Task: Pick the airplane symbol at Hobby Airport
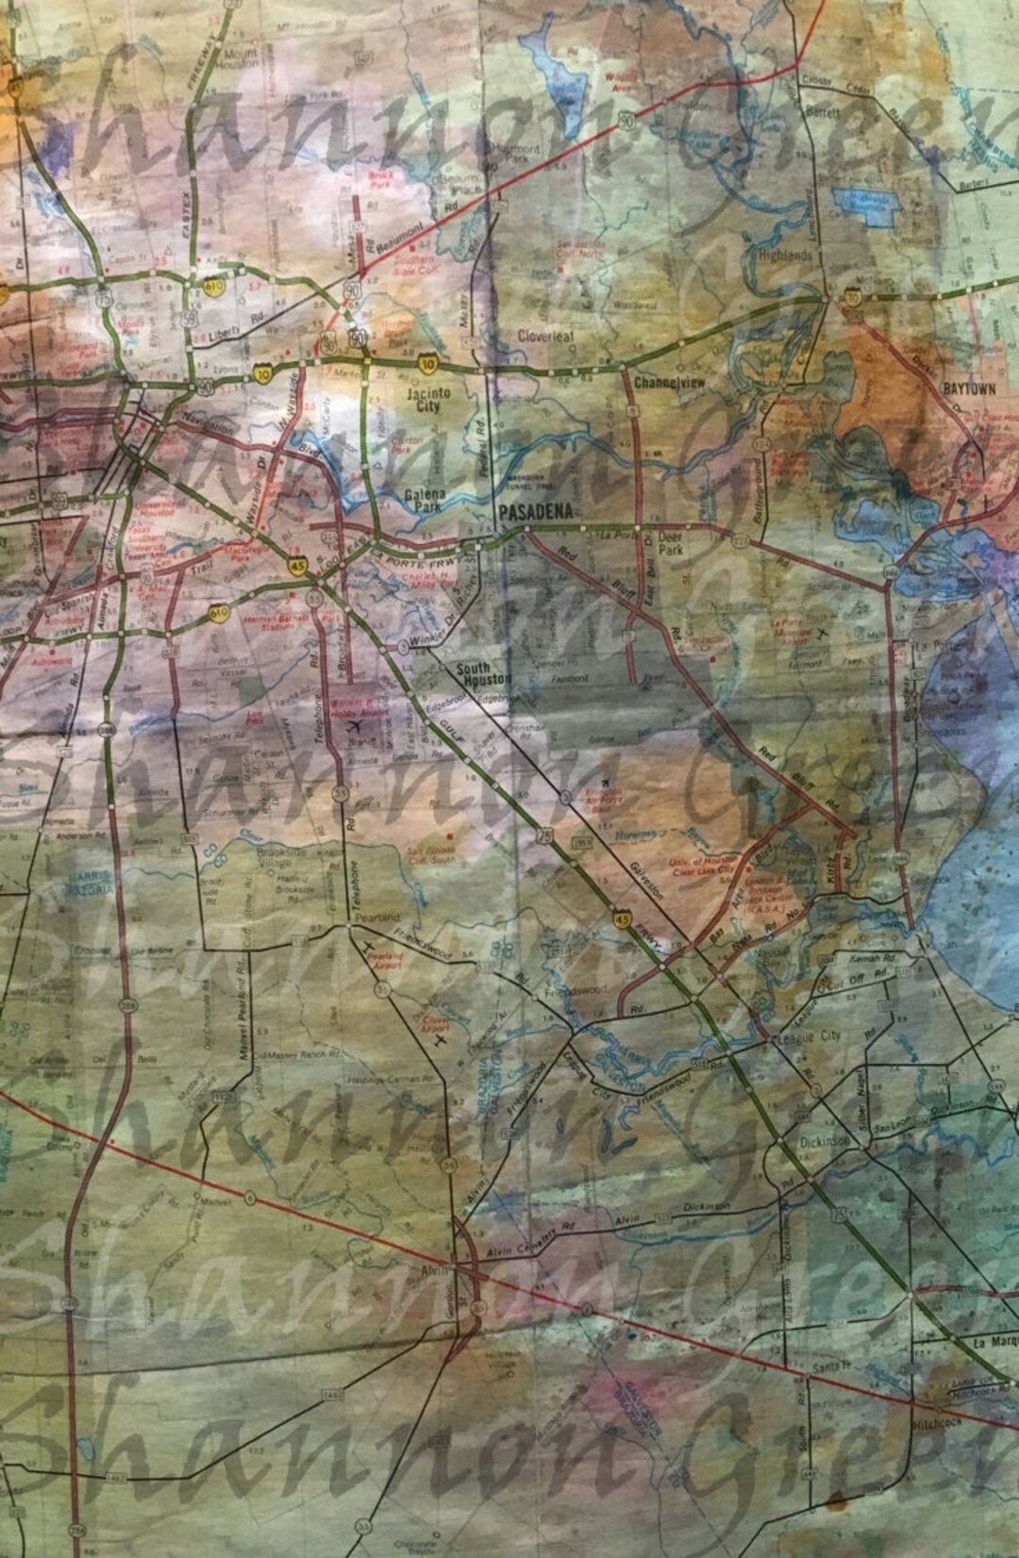point(356,726)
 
